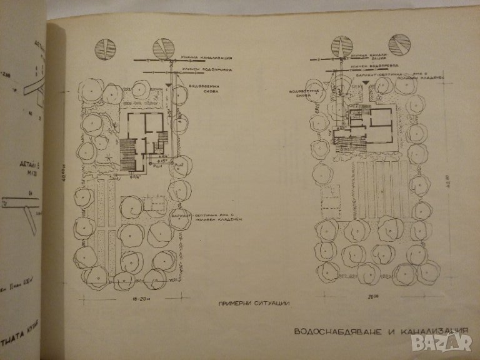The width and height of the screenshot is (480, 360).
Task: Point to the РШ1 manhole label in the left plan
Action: tap(158, 166)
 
